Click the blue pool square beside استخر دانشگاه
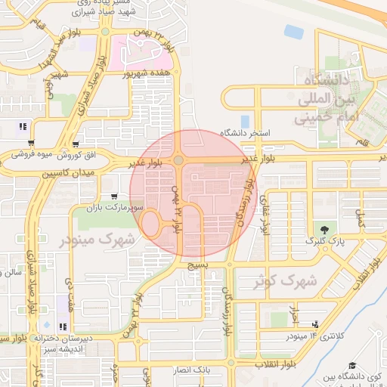(244, 121)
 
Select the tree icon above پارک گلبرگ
(325, 229)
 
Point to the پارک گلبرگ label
(325, 240)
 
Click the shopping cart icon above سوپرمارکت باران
(114, 197)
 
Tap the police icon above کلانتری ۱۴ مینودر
(315, 324)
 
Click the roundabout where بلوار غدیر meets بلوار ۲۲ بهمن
(178, 160)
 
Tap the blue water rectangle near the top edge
(293, 32)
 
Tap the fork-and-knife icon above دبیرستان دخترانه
(63, 327)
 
